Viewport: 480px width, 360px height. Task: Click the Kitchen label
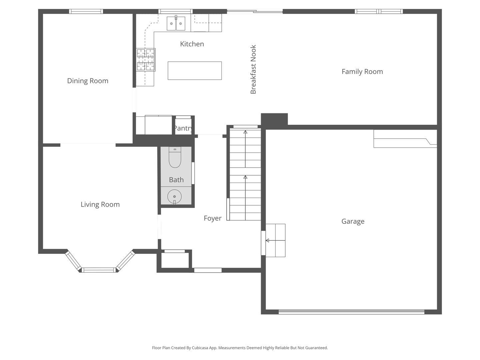(192, 44)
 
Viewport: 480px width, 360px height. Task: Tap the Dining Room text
(88, 81)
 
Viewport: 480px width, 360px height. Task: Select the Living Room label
(100, 204)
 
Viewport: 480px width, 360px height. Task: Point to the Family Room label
(362, 72)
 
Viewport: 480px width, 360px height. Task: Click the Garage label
(353, 221)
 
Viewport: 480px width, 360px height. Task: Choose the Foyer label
(212, 218)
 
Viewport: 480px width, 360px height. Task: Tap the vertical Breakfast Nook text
(253, 69)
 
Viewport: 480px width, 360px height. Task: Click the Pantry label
(183, 128)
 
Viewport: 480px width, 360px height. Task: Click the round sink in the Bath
(174, 196)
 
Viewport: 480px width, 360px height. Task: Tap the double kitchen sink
(176, 23)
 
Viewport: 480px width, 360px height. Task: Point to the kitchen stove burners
(146, 60)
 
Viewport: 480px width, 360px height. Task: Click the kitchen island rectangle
(195, 71)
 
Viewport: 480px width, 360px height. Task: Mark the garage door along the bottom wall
(351, 312)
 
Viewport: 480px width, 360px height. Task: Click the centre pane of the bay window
(99, 270)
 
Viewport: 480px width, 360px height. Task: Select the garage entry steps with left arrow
(275, 240)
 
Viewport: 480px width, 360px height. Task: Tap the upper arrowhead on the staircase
(245, 132)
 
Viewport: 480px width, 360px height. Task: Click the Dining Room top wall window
(86, 12)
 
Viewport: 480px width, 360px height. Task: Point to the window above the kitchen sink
(175, 12)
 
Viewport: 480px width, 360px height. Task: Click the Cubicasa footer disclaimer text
(240, 348)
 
